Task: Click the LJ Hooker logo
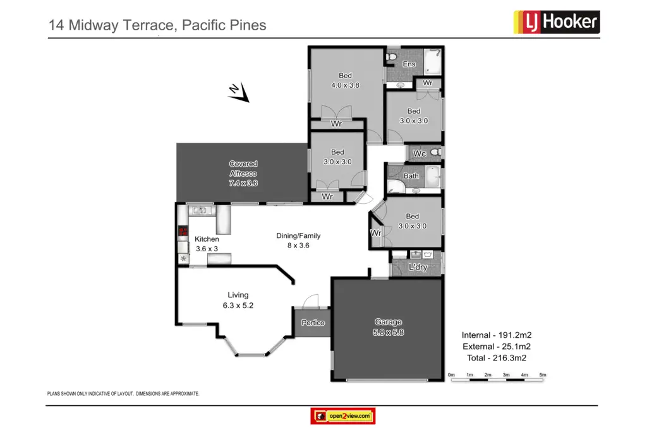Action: tap(557, 22)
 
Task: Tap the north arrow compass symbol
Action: tap(239, 92)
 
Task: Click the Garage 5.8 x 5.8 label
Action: tap(389, 327)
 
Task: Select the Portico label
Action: tap(313, 323)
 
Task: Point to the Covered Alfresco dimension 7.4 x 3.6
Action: tap(243, 183)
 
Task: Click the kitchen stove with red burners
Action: tap(183, 231)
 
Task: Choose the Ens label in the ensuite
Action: tap(409, 64)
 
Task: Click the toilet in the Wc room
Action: tap(436, 152)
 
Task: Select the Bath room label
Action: tap(411, 176)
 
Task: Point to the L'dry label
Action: tap(418, 267)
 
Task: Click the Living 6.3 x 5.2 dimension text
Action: tap(238, 306)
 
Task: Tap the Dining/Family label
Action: tap(298, 236)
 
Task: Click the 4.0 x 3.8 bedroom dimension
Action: tap(346, 85)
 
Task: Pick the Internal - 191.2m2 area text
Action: tap(497, 335)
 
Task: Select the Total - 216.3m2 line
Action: tap(497, 358)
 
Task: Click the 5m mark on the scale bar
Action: tap(543, 375)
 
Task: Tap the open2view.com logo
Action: tap(343, 416)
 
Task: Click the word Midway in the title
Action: tap(94, 25)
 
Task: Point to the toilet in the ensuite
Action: tap(391, 56)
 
